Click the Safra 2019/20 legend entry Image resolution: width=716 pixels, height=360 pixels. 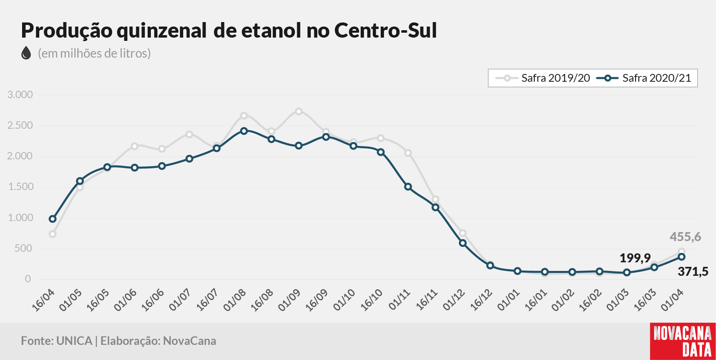(543, 78)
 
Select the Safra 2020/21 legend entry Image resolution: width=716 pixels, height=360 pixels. (644, 78)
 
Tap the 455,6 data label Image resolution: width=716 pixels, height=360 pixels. (685, 237)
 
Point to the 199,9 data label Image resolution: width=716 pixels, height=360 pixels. (635, 258)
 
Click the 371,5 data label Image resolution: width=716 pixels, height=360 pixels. (693, 271)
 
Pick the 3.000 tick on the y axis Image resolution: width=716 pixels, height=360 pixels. (20, 95)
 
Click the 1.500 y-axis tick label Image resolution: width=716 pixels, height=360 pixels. (20, 187)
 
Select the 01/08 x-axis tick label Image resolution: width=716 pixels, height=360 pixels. (235, 300)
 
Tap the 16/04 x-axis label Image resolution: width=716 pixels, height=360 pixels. (43, 300)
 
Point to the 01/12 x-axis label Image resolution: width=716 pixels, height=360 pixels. (454, 300)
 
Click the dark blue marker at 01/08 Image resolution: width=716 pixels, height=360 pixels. (244, 131)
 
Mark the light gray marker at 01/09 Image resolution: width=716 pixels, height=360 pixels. (299, 111)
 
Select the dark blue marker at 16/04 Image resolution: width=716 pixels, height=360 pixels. (52, 219)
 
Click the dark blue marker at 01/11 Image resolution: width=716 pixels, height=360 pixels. (408, 187)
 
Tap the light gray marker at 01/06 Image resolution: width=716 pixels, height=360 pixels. (135, 146)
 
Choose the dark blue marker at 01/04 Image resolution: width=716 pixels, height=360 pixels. (682, 257)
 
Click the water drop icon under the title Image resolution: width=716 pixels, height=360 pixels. (26, 53)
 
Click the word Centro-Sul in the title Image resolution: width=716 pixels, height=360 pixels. (386, 30)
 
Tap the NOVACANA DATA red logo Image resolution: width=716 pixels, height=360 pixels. (683, 341)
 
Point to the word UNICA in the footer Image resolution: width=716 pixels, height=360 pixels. (74, 341)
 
